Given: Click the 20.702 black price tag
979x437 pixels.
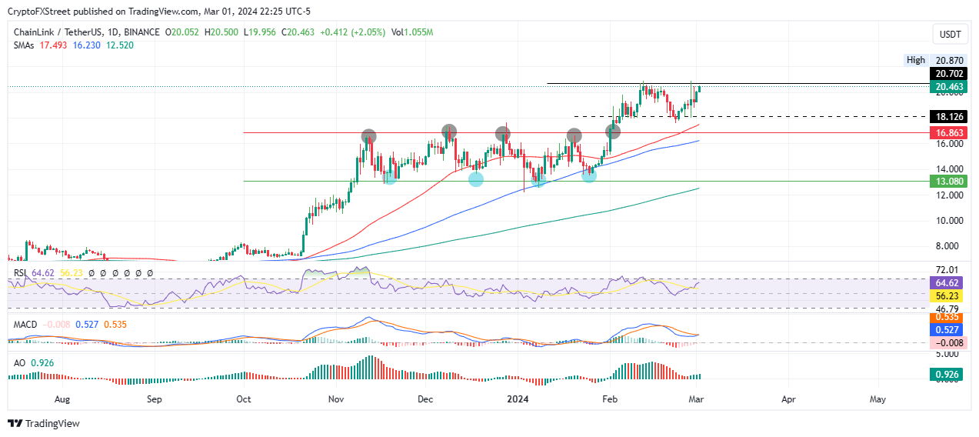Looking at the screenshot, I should click(x=947, y=73).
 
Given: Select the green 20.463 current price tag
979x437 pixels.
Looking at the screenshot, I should click(x=947, y=87).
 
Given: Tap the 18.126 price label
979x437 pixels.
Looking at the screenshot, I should click(x=947, y=117).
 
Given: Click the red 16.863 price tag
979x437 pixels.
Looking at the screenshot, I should click(x=947, y=132).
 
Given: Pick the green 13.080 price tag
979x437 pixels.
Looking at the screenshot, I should click(x=947, y=182).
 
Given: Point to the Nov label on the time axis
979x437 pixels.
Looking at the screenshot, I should click(x=336, y=400).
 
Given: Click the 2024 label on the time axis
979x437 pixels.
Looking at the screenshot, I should click(x=518, y=400).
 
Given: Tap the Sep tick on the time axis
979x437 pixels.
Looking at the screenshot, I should click(x=154, y=400).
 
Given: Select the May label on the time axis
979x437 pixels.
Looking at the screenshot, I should click(x=877, y=400).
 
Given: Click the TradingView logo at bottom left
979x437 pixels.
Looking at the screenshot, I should click(x=44, y=423).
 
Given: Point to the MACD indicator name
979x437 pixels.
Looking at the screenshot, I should click(x=25, y=325).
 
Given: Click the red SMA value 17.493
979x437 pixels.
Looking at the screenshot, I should click(x=52, y=45).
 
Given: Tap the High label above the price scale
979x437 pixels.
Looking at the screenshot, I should click(x=915, y=60).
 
